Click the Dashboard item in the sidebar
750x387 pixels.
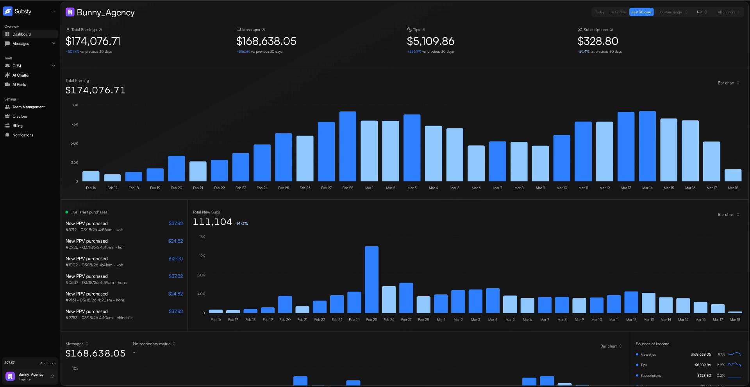(21, 34)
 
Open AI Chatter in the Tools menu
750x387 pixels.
(21, 75)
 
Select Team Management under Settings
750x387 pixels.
(28, 107)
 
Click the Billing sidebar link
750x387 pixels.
(17, 126)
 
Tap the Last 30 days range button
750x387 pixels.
(641, 12)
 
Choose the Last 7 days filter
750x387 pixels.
(618, 12)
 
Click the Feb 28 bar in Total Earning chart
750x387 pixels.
(348, 147)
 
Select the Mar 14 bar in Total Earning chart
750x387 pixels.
(647, 146)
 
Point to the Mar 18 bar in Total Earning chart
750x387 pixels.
(733, 175)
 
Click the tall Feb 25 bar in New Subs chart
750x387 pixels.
(371, 279)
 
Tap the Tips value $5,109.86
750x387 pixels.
(430, 41)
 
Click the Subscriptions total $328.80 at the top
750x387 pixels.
(598, 41)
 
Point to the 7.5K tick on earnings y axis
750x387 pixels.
(75, 124)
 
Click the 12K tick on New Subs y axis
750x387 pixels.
(202, 256)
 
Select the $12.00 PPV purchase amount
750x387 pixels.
(175, 259)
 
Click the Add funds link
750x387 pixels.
(48, 363)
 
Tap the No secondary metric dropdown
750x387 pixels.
(154, 344)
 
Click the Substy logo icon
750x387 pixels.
(8, 11)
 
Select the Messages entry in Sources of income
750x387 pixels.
(648, 355)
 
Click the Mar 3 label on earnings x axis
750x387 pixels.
(412, 188)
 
